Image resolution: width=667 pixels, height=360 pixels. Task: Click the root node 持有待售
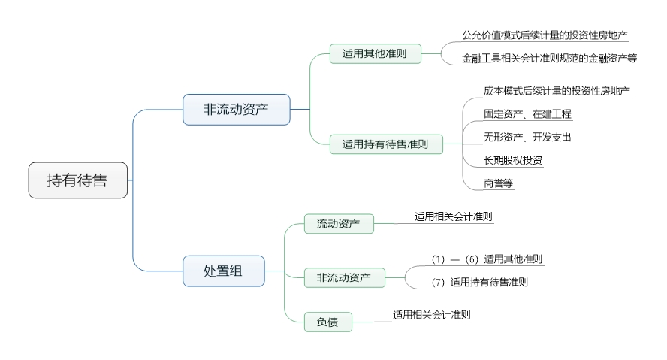tap(78, 180)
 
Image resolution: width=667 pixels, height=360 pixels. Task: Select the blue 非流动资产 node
tap(237, 109)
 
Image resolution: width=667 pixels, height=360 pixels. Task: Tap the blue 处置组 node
tap(224, 271)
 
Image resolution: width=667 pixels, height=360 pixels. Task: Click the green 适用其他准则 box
tap(376, 53)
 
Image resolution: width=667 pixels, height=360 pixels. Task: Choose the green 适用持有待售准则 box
tap(386, 144)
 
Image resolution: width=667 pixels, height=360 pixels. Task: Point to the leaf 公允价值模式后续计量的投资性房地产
tap(545, 35)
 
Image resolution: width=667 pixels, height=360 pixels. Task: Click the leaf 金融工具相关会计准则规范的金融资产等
tap(550, 58)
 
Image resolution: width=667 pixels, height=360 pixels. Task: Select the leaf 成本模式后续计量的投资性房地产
tap(557, 91)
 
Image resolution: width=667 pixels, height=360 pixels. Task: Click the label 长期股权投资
tap(513, 159)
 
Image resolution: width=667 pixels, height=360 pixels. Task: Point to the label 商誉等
tap(499, 182)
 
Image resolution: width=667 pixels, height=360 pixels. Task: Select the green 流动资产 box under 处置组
tap(338, 223)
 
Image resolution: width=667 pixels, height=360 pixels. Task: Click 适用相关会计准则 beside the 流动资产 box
tap(453, 216)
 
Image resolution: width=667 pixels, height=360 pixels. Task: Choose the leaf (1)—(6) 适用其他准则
tap(487, 259)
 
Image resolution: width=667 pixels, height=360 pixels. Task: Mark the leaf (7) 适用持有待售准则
tap(480, 283)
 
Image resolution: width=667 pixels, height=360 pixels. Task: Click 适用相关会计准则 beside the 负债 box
tap(432, 315)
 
